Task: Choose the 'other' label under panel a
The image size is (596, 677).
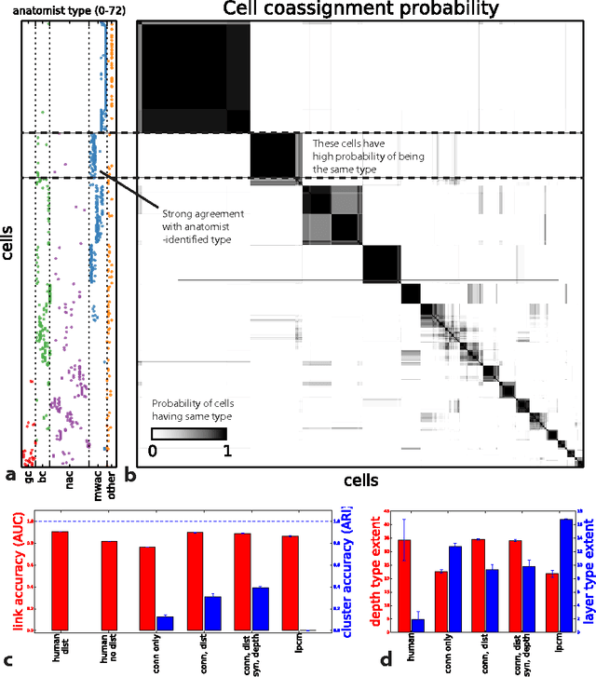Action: tap(112, 481)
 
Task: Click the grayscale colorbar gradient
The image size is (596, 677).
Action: tap(189, 433)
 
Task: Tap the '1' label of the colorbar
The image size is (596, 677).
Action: tap(224, 452)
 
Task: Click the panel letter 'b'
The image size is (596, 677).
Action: tap(130, 476)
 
